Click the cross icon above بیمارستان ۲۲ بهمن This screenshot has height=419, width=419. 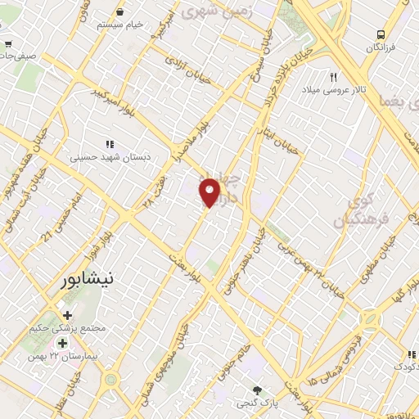[63, 342]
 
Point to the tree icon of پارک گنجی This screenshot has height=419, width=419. [259, 390]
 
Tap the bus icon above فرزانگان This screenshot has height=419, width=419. [381, 34]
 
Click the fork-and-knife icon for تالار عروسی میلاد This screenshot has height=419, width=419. [333, 76]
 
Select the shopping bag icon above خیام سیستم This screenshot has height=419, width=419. [120, 13]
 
